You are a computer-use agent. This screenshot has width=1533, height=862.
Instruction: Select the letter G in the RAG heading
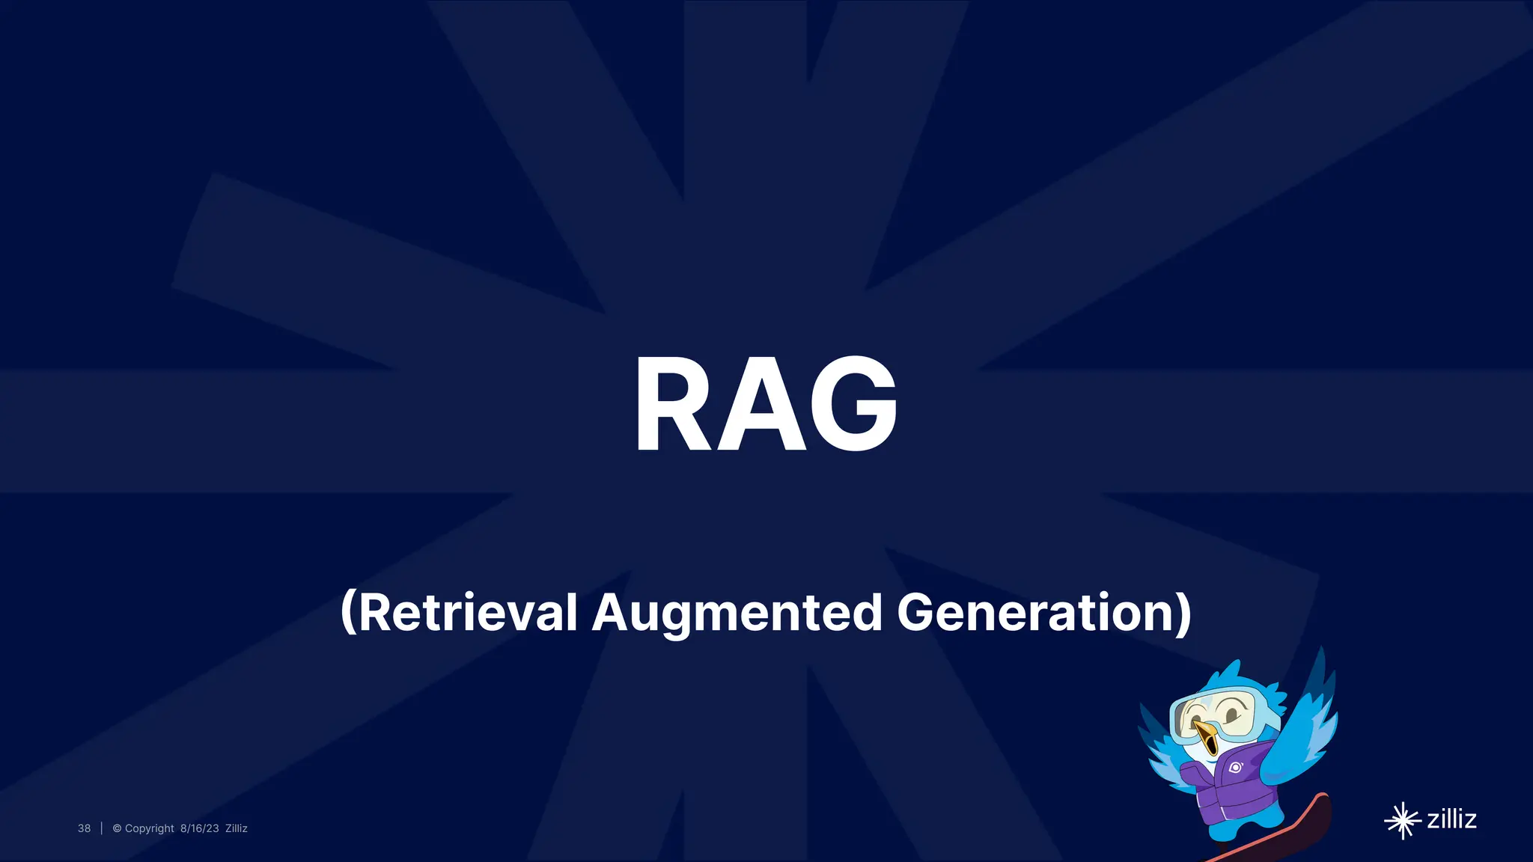pos(853,404)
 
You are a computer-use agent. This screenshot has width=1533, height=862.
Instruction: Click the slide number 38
pos(84,828)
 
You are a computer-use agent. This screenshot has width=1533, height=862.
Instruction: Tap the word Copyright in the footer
pos(149,828)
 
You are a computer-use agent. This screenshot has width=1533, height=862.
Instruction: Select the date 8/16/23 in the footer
pos(199,828)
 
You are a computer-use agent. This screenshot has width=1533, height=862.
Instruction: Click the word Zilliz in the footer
pos(237,828)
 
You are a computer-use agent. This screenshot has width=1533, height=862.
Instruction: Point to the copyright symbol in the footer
pos(117,828)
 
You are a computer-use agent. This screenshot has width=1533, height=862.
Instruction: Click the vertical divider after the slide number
pos(101,828)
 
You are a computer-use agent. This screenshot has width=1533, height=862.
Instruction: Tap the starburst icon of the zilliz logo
pos(1402,821)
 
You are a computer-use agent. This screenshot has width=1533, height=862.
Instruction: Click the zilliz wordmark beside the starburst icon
pos(1451,819)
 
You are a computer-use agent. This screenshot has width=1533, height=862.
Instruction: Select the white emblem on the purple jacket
pos(1235,767)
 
